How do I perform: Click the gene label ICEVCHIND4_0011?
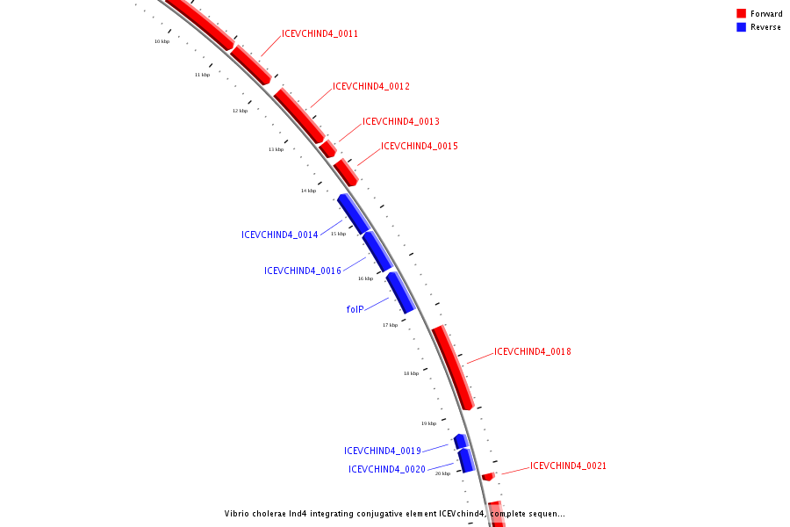320,34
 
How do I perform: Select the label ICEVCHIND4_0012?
370,87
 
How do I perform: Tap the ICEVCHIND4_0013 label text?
400,122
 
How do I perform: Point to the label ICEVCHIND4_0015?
419,147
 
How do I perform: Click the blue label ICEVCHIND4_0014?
279,235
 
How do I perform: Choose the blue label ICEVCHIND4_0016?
302,271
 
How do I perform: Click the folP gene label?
355,309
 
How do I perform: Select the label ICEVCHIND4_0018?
532,352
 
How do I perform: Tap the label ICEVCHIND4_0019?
382,451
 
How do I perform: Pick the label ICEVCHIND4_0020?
386,470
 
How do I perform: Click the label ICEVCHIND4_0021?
568,466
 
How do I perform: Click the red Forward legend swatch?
741,14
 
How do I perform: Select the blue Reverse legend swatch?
741,27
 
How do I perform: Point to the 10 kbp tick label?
162,41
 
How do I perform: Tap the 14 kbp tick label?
308,191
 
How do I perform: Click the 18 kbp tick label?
411,373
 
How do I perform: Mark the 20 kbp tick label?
442,473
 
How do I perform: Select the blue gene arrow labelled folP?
400,292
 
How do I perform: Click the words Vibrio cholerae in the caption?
255,514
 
